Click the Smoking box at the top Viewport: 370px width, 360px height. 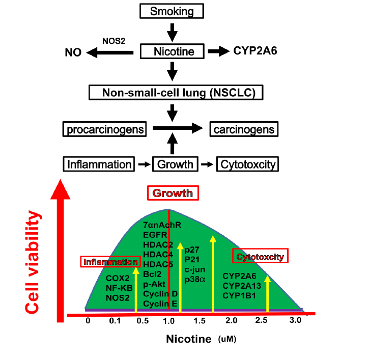173,11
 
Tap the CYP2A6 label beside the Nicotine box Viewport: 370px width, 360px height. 259,51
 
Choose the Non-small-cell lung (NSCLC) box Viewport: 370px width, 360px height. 175,93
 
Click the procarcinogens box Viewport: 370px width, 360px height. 105,129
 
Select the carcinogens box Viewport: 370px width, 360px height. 244,129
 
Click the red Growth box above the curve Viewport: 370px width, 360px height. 173,193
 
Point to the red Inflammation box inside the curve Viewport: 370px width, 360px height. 110,262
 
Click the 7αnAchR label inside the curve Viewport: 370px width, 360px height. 163,225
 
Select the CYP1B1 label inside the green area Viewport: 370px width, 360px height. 239,295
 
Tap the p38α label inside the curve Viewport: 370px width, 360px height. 195,279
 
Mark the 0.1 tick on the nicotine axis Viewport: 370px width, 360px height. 114,321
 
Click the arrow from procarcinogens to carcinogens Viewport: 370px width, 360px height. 175,129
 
